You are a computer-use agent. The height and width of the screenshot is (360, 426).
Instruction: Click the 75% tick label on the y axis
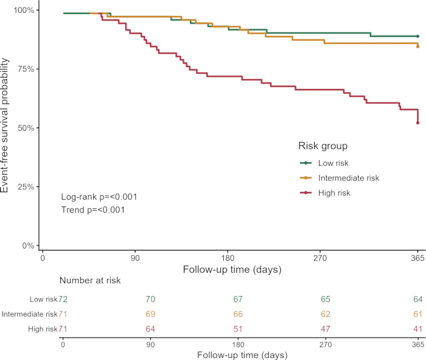[26, 69]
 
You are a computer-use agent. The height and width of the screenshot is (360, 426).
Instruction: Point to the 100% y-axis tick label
[24, 10]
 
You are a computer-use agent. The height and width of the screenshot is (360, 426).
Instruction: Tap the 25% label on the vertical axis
[26, 187]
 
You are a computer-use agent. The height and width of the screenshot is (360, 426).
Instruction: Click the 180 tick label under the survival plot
[228, 258]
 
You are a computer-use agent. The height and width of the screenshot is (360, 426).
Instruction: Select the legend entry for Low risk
[324, 163]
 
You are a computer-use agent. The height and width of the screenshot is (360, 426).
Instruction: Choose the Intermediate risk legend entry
[340, 178]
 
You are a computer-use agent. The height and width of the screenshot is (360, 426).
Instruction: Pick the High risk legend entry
[325, 193]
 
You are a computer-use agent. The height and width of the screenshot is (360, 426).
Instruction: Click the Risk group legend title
[323, 146]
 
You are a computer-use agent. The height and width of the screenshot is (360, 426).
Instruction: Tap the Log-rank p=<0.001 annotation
[99, 197]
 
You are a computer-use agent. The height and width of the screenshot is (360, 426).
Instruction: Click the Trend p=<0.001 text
[93, 210]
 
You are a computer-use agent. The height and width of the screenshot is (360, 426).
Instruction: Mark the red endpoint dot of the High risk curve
[418, 123]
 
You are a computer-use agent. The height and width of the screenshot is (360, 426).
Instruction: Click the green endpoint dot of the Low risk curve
[418, 36]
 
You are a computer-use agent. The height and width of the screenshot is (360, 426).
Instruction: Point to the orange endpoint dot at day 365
[418, 46]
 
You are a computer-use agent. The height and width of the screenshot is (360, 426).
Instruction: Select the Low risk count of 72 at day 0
[63, 299]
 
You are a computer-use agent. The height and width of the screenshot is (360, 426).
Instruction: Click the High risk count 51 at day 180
[238, 329]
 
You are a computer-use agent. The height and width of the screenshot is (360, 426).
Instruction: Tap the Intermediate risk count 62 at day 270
[326, 314]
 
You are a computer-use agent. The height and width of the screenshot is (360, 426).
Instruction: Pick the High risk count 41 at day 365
[418, 329]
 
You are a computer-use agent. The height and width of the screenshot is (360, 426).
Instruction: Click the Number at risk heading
[90, 280]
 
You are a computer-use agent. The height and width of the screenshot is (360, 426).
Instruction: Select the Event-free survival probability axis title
[5, 125]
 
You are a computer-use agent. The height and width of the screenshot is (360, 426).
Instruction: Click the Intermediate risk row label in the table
[30, 314]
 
